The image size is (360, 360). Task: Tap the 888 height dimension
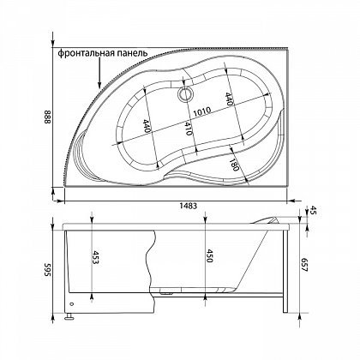47,117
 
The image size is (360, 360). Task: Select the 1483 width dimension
189,206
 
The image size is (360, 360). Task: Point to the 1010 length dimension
201,111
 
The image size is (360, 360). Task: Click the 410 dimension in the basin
188,129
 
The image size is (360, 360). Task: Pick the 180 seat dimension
234,164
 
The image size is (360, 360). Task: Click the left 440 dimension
147,126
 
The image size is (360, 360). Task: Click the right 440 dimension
228,99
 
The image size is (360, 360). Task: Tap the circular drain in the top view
185,94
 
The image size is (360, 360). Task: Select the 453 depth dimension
97,257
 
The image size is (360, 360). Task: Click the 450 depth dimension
209,255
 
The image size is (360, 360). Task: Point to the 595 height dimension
47,270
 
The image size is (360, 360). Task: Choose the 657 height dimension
304,265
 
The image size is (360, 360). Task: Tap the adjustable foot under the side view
69,316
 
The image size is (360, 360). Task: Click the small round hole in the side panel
71,303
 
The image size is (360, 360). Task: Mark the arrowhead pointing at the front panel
99,85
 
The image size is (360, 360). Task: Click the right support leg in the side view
285,272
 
